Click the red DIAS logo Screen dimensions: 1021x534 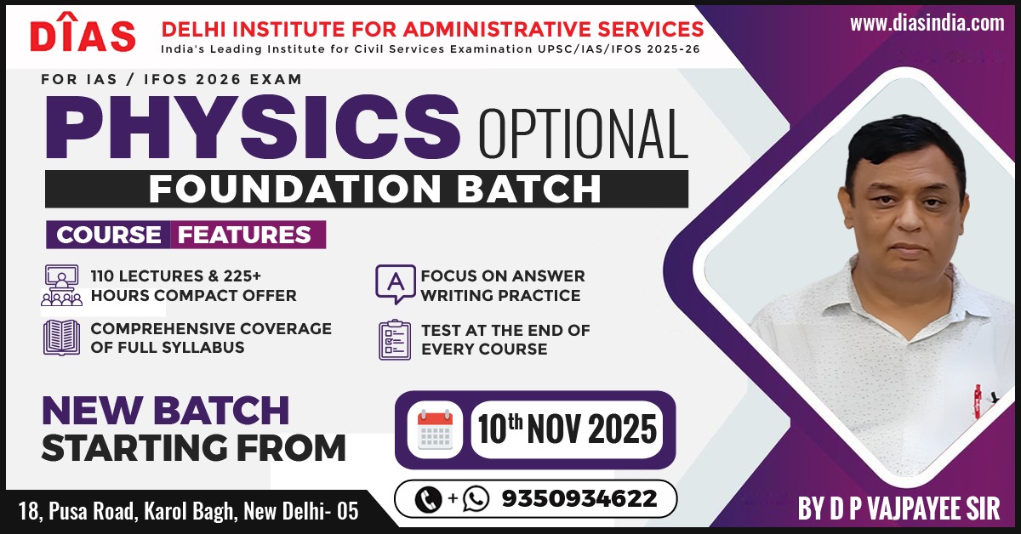(83, 32)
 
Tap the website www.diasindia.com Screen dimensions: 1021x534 (927, 23)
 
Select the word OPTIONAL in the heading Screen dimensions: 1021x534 (584, 133)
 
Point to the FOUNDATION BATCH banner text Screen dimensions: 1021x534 (374, 189)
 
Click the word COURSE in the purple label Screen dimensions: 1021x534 (109, 235)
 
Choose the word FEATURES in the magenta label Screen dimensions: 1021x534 (244, 235)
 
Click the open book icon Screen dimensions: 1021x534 (61, 338)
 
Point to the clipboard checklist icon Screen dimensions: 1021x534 (394, 340)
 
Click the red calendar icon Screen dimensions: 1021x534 (435, 430)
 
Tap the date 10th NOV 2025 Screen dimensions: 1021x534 (567, 429)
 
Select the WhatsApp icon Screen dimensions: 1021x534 (476, 499)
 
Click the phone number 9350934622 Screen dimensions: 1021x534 (579, 498)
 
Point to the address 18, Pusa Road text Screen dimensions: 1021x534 (188, 511)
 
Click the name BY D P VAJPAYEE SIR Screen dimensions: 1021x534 (898, 508)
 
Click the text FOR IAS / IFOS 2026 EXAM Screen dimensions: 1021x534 (171, 79)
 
